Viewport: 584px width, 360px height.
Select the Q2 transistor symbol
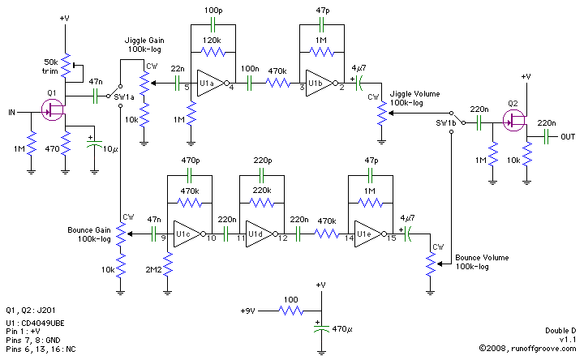coord(513,122)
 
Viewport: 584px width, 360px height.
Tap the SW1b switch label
coord(446,122)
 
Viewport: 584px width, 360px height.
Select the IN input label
coord(12,111)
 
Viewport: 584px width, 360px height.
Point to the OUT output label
coord(568,137)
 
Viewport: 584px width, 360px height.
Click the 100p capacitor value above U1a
coord(213,10)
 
